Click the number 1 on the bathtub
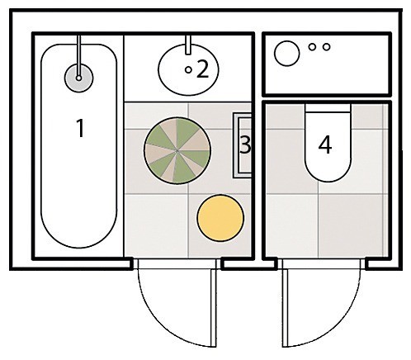tap(80, 128)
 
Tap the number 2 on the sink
tap(203, 69)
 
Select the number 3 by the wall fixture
tap(245, 144)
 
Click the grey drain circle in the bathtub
tap(79, 78)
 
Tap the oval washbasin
tap(189, 70)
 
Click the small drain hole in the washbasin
tap(188, 70)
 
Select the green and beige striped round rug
tap(177, 150)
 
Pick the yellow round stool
tap(220, 218)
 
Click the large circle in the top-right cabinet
tap(286, 54)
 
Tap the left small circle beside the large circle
tap(312, 47)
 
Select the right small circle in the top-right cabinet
tap(327, 47)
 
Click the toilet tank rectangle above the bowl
tap(328, 108)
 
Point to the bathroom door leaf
tap(213, 307)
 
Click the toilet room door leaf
tap(285, 307)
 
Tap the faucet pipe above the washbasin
tap(188, 45)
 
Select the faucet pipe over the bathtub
tap(79, 56)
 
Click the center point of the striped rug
tap(177, 150)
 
